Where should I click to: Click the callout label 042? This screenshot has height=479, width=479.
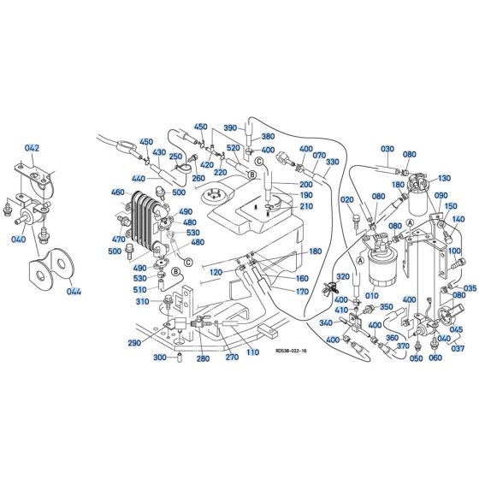tap(32, 148)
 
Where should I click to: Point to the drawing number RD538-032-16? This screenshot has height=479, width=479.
tap(293, 350)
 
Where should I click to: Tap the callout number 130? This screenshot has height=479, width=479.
tap(443, 179)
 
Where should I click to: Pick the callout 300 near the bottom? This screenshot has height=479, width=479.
tap(159, 358)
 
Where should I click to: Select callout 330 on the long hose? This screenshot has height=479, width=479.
tap(333, 162)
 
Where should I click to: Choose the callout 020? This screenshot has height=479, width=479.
tap(346, 199)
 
